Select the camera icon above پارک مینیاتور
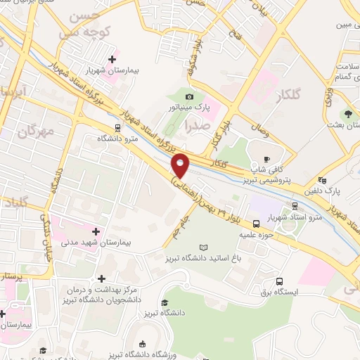(x=189, y=97)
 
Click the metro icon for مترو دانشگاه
(x=117, y=128)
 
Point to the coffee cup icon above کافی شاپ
(x=266, y=159)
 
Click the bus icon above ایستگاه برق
(x=280, y=281)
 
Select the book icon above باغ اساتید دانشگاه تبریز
(x=204, y=247)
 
